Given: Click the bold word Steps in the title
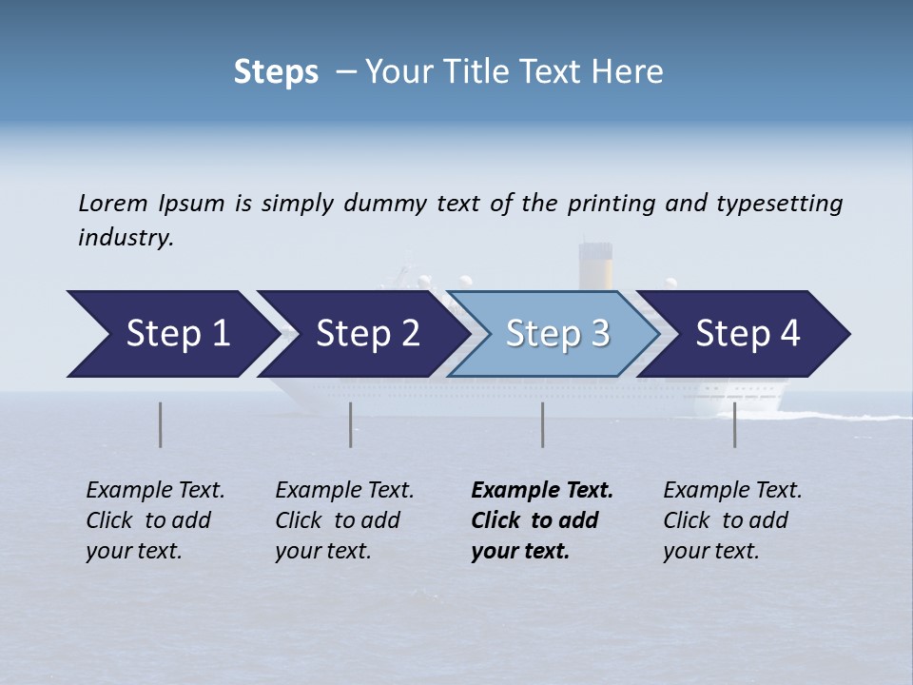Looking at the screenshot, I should coord(276,72).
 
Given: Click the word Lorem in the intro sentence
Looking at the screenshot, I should coord(113,204).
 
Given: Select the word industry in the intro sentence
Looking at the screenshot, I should coord(126,238).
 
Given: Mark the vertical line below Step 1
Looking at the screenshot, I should coord(161,424).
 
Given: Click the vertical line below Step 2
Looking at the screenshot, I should coord(351,424).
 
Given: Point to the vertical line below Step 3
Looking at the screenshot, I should coord(543,424).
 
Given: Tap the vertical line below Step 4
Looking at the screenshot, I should coord(735,424).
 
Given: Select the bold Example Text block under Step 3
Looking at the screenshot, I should coord(541,520).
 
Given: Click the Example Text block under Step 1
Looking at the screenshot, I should coord(155,520).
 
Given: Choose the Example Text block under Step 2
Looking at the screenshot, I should coord(344,520).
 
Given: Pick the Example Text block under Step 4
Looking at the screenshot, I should coord(732,520).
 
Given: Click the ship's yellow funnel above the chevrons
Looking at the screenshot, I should coord(595,267).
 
